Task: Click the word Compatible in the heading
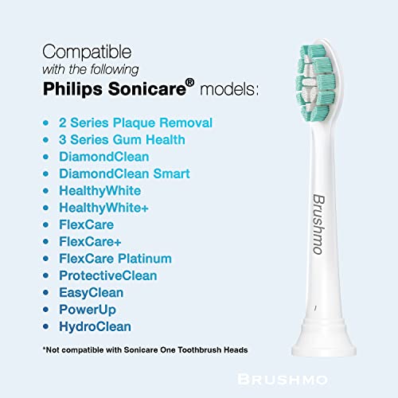click(x=87, y=52)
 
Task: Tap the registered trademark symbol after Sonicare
click(x=189, y=83)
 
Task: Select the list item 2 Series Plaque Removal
click(x=135, y=123)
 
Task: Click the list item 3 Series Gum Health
click(x=122, y=140)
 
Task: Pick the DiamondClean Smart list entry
click(x=124, y=174)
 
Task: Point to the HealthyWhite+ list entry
click(x=103, y=208)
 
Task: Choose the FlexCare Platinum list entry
click(x=115, y=259)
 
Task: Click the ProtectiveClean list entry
click(x=108, y=275)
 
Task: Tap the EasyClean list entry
click(x=92, y=293)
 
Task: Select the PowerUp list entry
click(x=88, y=310)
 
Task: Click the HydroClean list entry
click(x=95, y=326)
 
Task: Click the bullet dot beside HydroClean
click(x=46, y=326)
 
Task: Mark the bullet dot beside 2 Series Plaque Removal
click(x=46, y=123)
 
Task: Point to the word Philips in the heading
click(x=72, y=89)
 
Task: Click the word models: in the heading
click(x=229, y=89)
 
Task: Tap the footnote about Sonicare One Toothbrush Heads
click(x=145, y=350)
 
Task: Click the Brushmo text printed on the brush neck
click(x=318, y=224)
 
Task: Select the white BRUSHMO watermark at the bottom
click(x=283, y=380)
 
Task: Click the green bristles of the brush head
click(x=316, y=84)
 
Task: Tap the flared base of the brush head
click(x=324, y=337)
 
